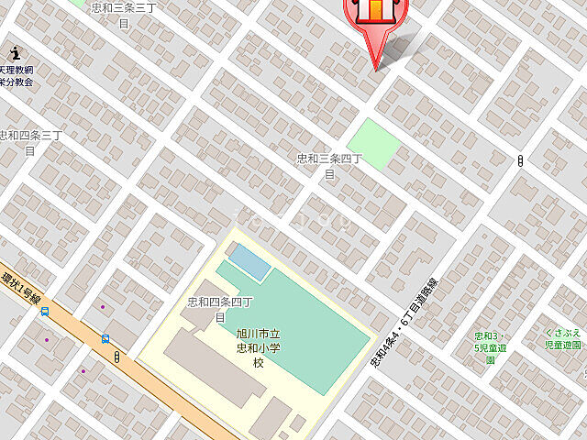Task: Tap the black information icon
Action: click(14, 54)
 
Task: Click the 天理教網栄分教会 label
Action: click(16, 75)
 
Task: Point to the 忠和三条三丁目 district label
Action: click(123, 15)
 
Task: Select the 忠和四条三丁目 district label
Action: click(30, 142)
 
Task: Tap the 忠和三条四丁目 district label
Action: click(329, 165)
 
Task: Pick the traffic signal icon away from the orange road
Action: click(520, 161)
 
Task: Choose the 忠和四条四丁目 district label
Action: click(220, 309)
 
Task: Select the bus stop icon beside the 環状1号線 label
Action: click(44, 312)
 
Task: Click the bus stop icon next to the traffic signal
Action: click(105, 338)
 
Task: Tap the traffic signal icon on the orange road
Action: click(117, 357)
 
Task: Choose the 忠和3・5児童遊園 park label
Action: click(490, 347)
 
